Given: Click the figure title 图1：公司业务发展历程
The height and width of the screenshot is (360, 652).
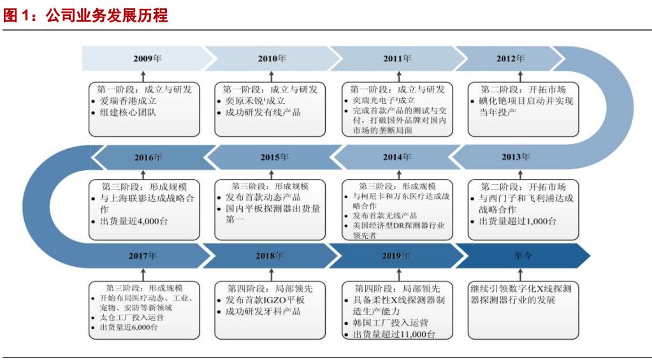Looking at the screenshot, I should [86, 15].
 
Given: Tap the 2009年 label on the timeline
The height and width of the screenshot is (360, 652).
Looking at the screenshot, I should [147, 59].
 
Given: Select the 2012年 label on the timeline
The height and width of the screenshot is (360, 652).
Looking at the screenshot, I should [511, 59].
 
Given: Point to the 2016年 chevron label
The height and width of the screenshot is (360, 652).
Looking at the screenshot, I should [148, 157].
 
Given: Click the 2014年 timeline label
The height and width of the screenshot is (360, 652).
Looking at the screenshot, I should [398, 157].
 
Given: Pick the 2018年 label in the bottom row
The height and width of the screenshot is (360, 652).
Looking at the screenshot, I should [270, 256].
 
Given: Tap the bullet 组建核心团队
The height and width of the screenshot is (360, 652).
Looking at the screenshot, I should [129, 113].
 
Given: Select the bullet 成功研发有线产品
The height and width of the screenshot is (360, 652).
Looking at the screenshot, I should [263, 113].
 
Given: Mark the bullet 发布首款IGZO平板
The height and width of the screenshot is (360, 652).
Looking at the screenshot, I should [265, 299].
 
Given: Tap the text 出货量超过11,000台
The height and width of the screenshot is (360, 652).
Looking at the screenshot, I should [395, 335].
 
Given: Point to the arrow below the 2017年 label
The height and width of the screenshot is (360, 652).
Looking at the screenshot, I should [143, 272].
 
